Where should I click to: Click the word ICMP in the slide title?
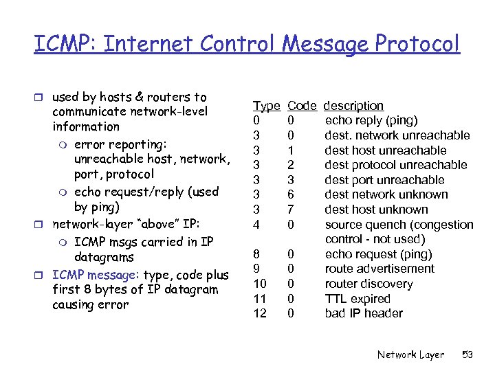[x=57, y=44]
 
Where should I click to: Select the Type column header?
[x=266, y=106]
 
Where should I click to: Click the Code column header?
[x=302, y=106]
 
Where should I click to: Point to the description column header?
[x=353, y=106]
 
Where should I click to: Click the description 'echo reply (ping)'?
[x=371, y=121]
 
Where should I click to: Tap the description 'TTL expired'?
[x=357, y=299]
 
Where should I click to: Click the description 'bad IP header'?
[x=364, y=314]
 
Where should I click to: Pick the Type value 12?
[x=259, y=314]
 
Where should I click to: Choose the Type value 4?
[x=256, y=225]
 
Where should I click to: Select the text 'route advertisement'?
[x=379, y=269]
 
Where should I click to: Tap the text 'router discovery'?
[x=369, y=284]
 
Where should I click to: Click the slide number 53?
[x=467, y=355]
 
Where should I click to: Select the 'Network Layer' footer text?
[x=410, y=355]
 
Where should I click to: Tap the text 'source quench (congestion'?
[x=399, y=225]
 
